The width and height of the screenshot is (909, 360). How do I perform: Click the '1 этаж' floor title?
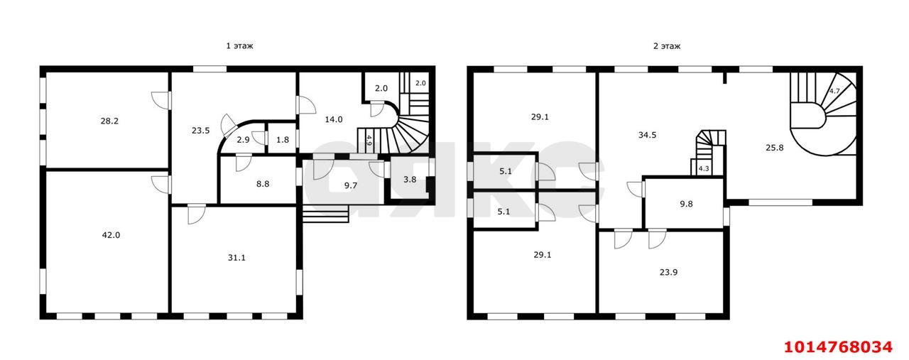239,46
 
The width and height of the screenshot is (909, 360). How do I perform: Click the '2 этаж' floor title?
667,46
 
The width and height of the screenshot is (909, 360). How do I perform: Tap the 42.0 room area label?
111,235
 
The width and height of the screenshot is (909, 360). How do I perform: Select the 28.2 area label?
109,121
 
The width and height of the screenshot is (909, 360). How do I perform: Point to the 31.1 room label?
236,258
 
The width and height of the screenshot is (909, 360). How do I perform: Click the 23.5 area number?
200,131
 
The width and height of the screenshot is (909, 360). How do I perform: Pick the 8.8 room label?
263,184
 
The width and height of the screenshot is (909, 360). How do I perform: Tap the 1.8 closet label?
283,140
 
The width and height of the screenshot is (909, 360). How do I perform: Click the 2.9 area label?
243,140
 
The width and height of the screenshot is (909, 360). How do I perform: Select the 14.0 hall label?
334,120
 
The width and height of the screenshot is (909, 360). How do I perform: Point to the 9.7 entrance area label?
351,186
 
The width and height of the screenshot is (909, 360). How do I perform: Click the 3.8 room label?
410,180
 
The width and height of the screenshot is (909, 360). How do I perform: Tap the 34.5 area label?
647,135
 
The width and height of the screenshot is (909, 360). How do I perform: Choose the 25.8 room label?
775,148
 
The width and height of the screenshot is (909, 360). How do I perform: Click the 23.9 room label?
668,273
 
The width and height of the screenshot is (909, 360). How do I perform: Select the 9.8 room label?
686,204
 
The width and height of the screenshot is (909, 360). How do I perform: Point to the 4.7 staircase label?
834,92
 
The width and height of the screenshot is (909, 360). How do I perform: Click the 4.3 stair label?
704,168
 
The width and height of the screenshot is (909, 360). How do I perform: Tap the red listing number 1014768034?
838,347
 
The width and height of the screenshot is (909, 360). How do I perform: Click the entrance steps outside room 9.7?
325,214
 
